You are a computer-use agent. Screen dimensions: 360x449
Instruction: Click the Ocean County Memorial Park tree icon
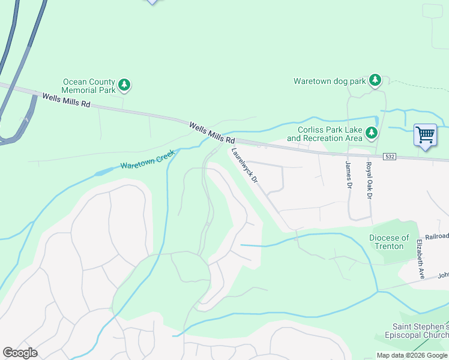click(124, 85)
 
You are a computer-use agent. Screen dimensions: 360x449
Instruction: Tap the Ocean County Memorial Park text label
click(89, 86)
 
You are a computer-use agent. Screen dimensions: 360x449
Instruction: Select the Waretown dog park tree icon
click(375, 80)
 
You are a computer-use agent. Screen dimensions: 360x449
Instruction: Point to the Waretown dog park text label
click(329, 81)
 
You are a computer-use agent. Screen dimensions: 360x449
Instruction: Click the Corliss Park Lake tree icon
click(372, 133)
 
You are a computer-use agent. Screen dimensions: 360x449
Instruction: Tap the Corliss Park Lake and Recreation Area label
click(324, 134)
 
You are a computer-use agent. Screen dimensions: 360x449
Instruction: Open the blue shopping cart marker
click(425, 135)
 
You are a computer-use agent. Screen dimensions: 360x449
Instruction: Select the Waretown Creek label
click(147, 160)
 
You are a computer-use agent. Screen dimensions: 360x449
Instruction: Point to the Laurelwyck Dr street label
click(245, 166)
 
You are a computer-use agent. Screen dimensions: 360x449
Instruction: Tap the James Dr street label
click(348, 174)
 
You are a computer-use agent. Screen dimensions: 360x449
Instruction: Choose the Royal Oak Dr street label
click(369, 179)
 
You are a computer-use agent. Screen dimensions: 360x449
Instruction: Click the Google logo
click(20, 353)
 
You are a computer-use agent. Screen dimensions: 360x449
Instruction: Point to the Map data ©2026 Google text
click(411, 355)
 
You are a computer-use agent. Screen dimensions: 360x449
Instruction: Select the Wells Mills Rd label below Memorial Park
click(66, 100)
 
